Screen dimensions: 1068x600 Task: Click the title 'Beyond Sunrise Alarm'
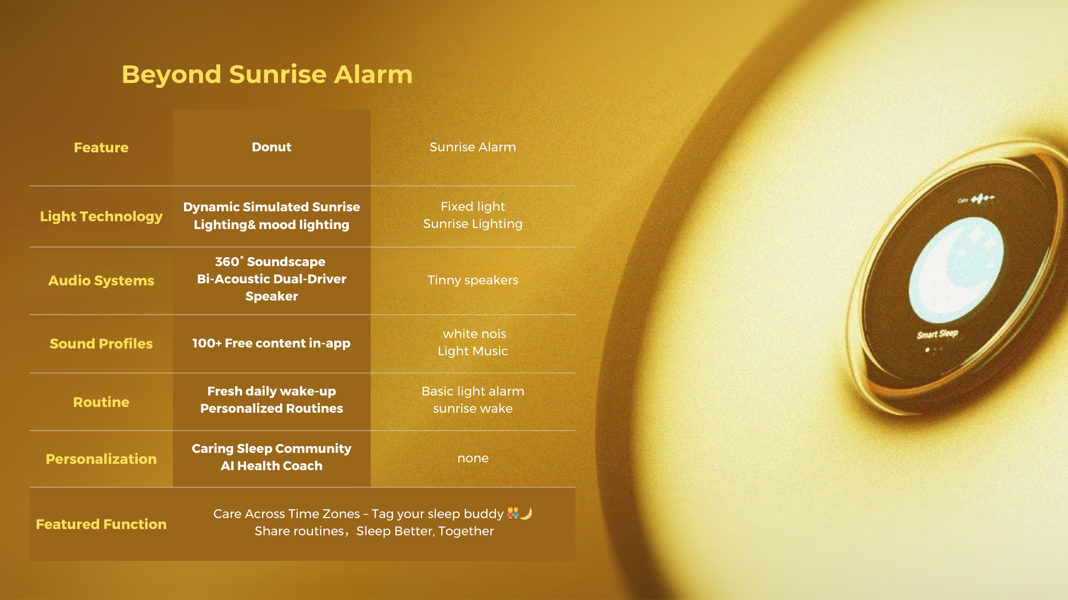(x=267, y=74)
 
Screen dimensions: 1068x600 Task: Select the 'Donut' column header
(x=272, y=147)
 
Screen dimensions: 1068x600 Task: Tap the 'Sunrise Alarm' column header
(x=473, y=147)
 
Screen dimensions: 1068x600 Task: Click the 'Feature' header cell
(x=101, y=148)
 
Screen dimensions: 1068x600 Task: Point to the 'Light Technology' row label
(x=101, y=217)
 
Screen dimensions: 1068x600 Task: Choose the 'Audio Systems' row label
(x=101, y=281)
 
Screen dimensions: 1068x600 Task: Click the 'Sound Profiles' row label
(x=101, y=344)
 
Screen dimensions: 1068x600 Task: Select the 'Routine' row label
(x=101, y=402)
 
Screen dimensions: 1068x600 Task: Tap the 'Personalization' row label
(x=101, y=459)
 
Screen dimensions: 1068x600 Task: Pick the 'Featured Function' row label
(x=101, y=524)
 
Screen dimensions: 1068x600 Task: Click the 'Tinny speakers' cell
(x=473, y=280)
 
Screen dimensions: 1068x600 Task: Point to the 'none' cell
(x=473, y=458)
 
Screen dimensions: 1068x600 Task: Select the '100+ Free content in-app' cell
(x=272, y=343)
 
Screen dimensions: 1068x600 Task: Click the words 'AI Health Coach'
(x=272, y=466)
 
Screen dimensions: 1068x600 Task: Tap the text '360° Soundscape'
(x=270, y=261)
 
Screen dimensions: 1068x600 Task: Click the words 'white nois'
(x=475, y=334)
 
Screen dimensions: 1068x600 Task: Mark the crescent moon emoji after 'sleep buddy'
(x=526, y=514)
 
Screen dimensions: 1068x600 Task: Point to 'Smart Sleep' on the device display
(x=938, y=334)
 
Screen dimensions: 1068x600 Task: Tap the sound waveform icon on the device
(x=982, y=198)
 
